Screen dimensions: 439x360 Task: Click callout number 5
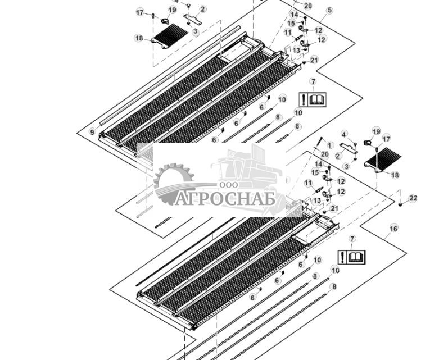pos(329,10)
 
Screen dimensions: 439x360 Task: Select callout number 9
pos(93,131)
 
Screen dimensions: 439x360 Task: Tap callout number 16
pos(393,229)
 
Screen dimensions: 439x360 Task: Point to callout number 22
pos(413,198)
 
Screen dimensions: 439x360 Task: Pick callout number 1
pos(330,145)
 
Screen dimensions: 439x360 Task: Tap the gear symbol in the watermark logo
pos(171,183)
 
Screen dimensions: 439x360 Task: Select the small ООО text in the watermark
pos(229,185)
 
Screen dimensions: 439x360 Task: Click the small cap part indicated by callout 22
pos(400,204)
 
